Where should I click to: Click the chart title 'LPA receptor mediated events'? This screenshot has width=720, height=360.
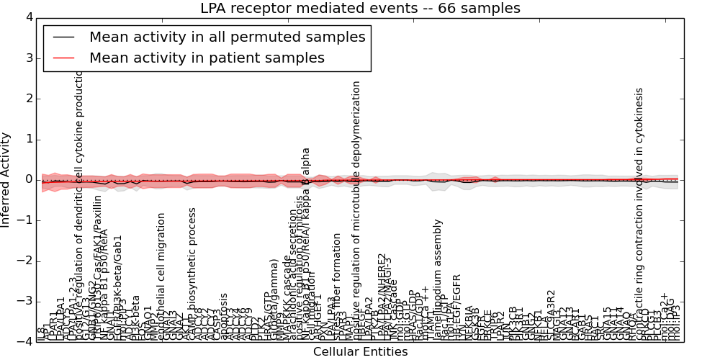(359, 9)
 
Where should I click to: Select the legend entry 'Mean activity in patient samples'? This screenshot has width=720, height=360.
(207, 58)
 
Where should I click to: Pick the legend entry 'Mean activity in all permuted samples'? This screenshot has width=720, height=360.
(228, 36)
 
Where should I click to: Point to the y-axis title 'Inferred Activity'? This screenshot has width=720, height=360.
(6, 179)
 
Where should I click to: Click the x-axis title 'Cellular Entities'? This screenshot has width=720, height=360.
(360, 352)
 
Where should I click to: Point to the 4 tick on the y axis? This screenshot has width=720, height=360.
(28, 17)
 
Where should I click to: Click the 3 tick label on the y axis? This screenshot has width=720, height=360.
(28, 58)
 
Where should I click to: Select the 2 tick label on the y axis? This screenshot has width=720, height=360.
(28, 99)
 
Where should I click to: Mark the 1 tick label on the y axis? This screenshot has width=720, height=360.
(28, 139)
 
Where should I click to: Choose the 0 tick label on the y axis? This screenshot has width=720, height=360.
(28, 179)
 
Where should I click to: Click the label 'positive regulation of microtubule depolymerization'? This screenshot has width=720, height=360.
(356, 209)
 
